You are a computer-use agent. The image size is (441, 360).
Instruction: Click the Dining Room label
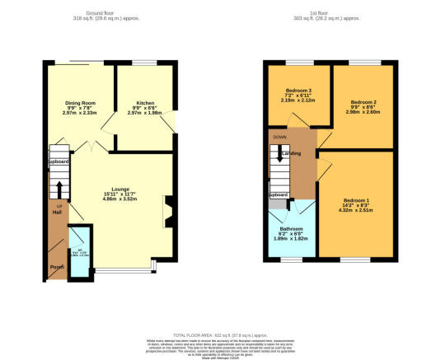82,103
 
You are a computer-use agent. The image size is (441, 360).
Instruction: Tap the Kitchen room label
144,103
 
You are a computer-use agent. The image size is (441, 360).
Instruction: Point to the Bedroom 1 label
355,201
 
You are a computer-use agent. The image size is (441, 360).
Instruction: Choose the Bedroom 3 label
298,90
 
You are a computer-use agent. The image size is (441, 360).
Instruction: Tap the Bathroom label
292,228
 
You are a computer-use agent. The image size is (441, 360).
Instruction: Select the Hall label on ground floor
58,213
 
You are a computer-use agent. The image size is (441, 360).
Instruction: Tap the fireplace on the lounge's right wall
169,210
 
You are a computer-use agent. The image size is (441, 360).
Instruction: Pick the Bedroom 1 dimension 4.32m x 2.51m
355,212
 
